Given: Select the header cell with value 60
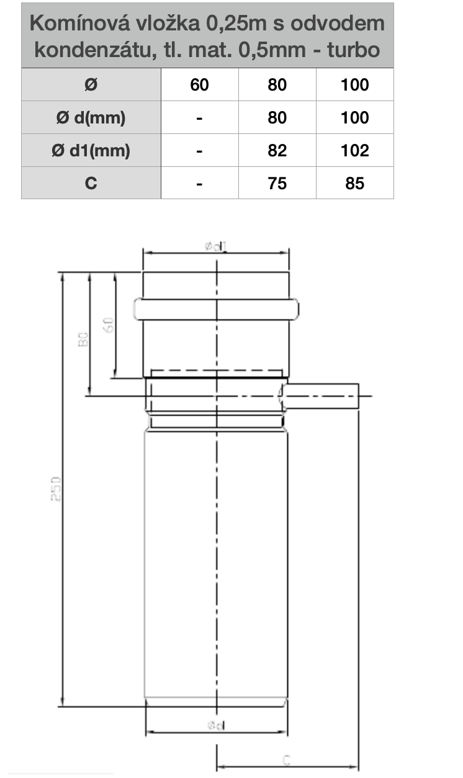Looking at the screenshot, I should (x=199, y=85).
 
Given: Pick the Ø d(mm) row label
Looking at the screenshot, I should (x=91, y=118).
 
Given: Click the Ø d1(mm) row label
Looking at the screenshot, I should (x=91, y=151).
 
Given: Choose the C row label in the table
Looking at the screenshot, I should (x=91, y=183).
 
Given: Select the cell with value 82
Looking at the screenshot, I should (x=277, y=151).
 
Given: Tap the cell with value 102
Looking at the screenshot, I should (x=354, y=151).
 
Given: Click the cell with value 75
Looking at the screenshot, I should (x=277, y=183).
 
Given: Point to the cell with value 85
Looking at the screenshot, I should (x=354, y=183).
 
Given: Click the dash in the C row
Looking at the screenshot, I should (x=199, y=183).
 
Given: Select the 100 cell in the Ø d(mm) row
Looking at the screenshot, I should (x=354, y=118).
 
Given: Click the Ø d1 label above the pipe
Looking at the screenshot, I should (x=216, y=246).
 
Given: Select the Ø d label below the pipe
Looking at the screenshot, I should (x=216, y=724).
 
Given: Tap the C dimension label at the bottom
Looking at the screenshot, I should (x=287, y=759).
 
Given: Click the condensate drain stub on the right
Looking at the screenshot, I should (x=323, y=396).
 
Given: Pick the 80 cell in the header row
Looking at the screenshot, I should (x=277, y=85).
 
